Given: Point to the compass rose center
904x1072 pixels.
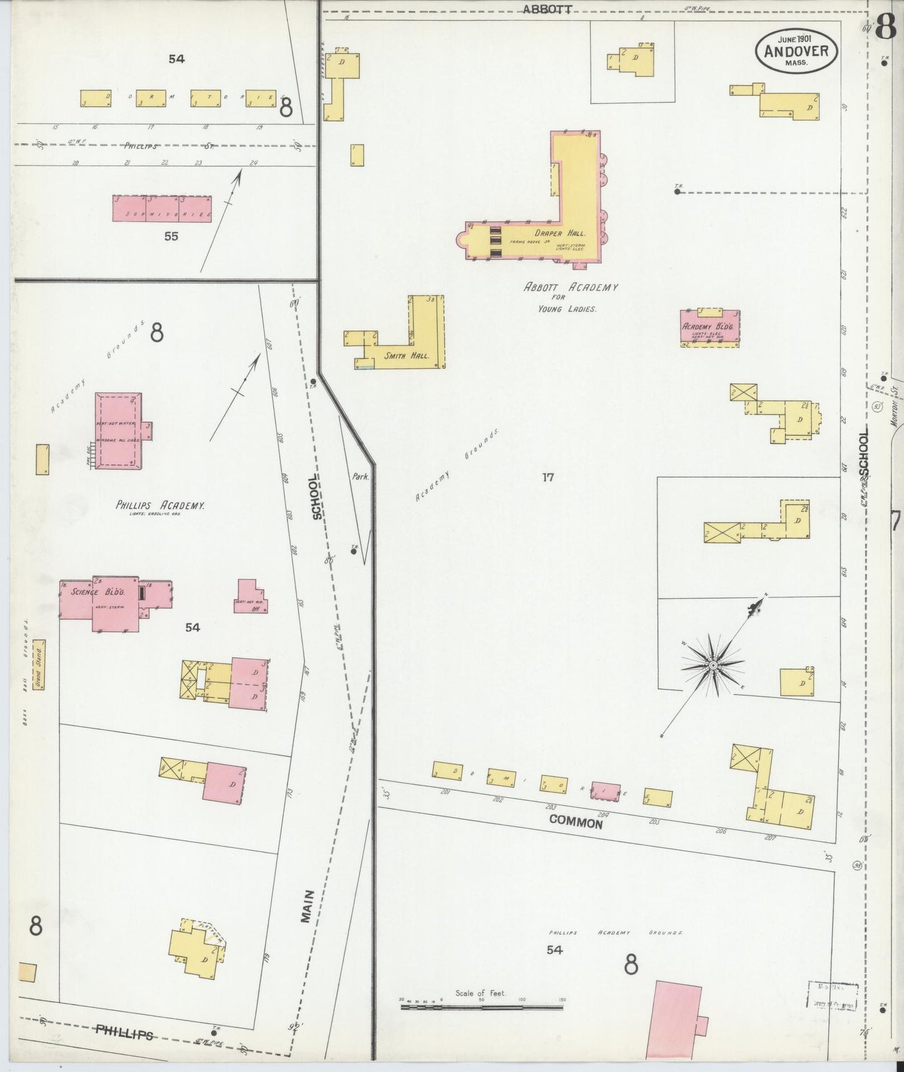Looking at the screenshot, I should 713,665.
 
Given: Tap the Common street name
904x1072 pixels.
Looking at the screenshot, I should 576,822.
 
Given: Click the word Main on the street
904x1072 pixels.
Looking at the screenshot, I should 307,906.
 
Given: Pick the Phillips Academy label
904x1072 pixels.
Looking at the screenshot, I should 160,505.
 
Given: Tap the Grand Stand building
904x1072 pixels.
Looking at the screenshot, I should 39,664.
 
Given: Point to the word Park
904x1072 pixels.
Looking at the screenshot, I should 360,476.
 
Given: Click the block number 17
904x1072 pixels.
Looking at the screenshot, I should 548,477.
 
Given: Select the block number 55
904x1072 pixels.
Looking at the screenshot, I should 171,236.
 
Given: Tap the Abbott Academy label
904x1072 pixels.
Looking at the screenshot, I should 571,288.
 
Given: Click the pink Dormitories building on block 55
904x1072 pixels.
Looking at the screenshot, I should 161,209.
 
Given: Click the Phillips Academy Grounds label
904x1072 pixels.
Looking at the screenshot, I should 613,933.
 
